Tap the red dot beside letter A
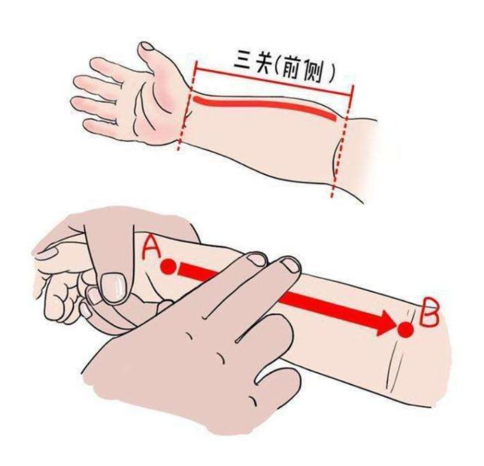coord(168,266)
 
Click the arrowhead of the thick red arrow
coord(385,323)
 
